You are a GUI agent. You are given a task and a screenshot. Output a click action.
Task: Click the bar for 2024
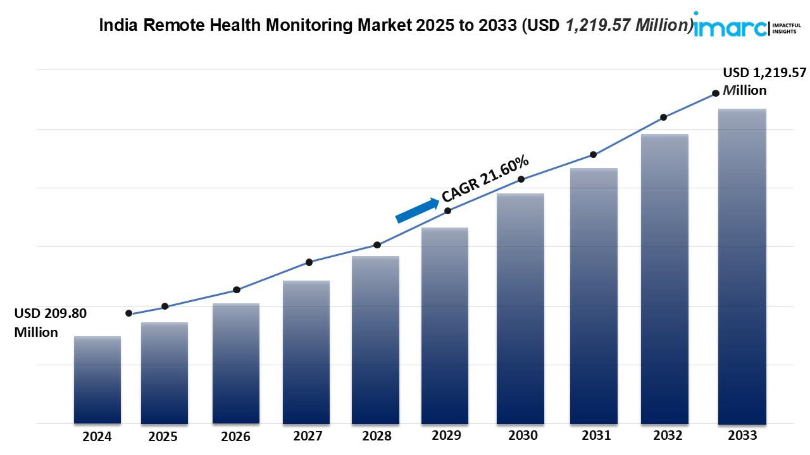pos(97,379)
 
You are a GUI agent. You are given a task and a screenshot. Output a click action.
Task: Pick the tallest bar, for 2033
pos(742,265)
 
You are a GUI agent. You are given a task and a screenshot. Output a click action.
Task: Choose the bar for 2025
pos(165,373)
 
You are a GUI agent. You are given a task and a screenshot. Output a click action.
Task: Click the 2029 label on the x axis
pos(447,435)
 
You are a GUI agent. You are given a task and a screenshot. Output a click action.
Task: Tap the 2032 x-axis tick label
pos(668,435)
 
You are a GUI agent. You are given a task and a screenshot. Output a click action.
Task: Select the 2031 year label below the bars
pos(595,435)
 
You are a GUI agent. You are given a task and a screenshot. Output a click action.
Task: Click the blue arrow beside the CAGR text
pos(417,210)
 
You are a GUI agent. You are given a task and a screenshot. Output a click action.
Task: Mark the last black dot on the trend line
pos(716,93)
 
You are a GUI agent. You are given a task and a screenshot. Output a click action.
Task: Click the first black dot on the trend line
pos(129,313)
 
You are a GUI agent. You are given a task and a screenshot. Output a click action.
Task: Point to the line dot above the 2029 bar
pos(447,210)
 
